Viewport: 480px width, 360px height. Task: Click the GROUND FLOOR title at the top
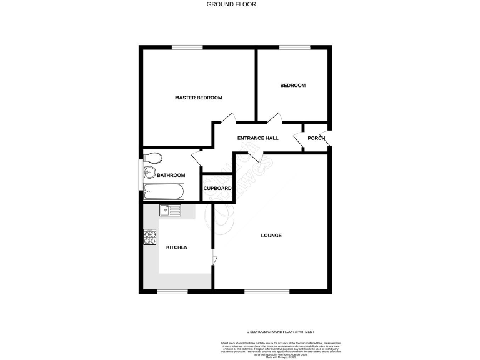(x=231, y=4)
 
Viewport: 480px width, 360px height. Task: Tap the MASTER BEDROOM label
(x=198, y=98)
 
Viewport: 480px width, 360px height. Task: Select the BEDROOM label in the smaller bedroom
(x=292, y=85)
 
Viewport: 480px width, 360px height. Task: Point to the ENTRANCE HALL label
(x=257, y=138)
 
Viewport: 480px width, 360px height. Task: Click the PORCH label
(x=316, y=138)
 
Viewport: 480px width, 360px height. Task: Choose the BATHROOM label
(x=171, y=176)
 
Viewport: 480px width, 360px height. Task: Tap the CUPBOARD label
(x=217, y=188)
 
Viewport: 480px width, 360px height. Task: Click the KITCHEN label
(x=176, y=247)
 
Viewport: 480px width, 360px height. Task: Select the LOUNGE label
(x=271, y=236)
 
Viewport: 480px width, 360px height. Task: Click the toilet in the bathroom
(x=152, y=157)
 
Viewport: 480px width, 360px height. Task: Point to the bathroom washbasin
(x=149, y=173)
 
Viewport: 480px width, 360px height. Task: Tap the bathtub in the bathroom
(x=162, y=192)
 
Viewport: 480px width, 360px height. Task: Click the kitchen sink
(x=169, y=210)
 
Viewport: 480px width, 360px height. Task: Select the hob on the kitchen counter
(x=150, y=237)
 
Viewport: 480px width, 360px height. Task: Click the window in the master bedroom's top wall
(x=187, y=47)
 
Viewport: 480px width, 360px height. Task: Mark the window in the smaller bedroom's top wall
(x=294, y=47)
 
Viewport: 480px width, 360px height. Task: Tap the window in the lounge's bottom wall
(x=267, y=291)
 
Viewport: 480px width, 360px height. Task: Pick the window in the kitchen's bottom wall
(x=172, y=291)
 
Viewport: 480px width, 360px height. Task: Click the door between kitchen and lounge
(x=214, y=261)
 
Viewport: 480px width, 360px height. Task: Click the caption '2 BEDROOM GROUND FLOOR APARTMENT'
(x=280, y=332)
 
